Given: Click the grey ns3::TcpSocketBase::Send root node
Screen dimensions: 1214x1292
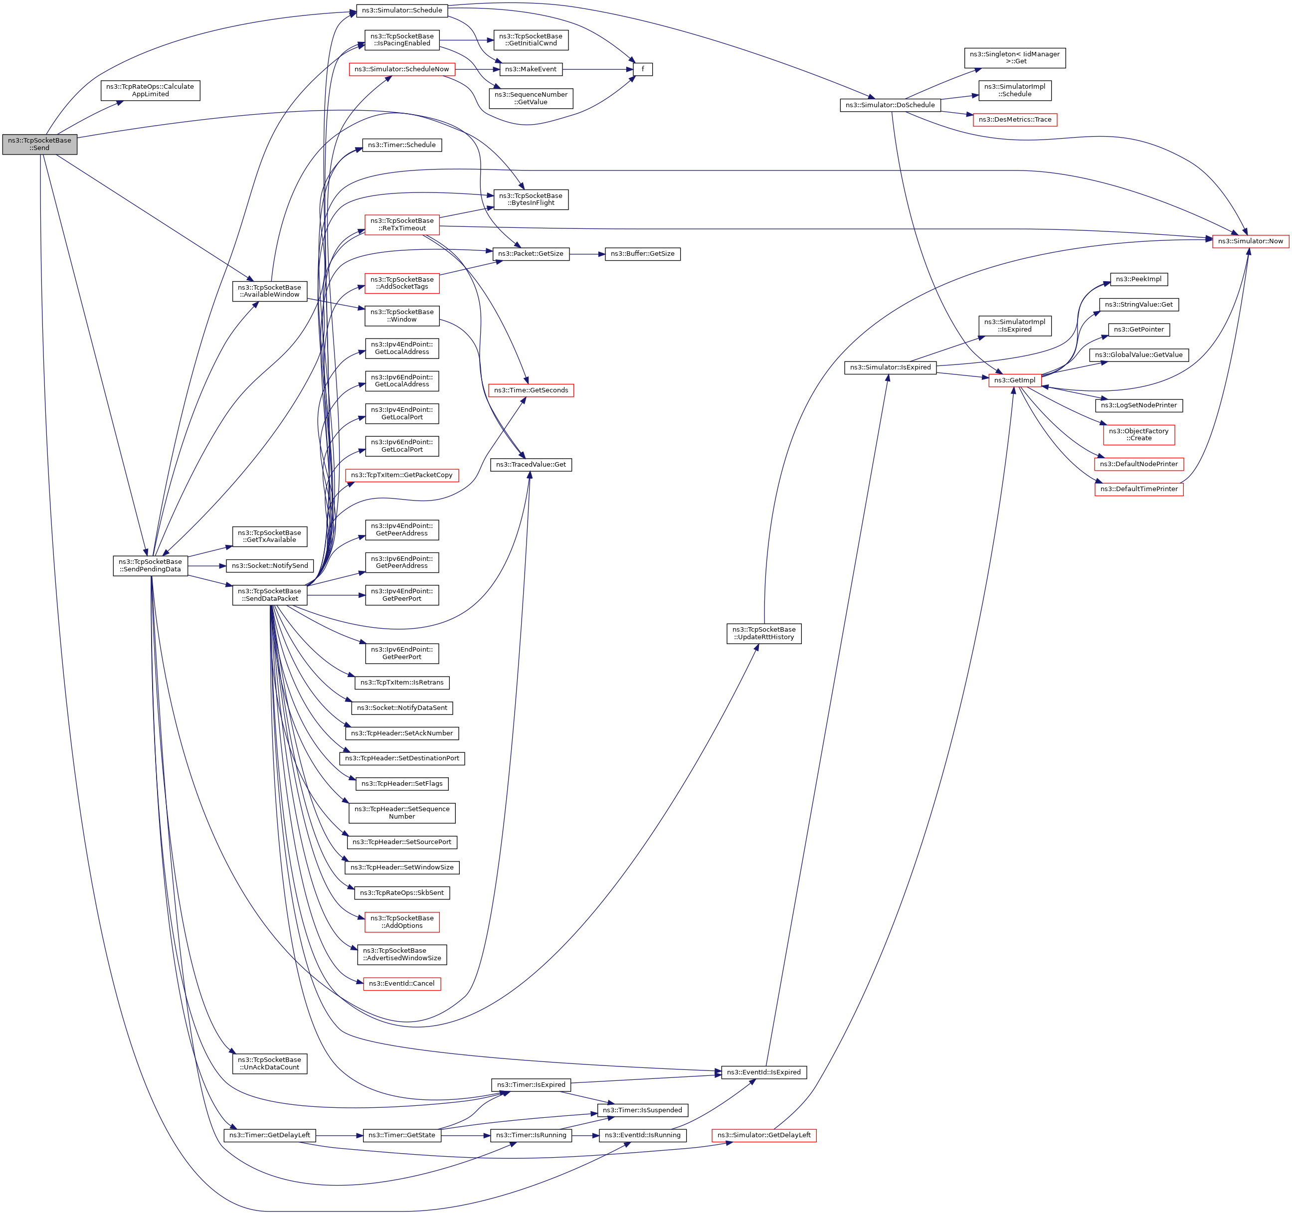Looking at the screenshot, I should click(40, 144).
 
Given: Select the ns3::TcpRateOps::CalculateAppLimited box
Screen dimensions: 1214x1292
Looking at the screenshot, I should click(150, 90).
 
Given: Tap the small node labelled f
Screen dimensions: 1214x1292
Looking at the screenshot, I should click(642, 69).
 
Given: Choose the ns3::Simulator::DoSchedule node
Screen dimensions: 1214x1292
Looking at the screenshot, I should click(890, 105).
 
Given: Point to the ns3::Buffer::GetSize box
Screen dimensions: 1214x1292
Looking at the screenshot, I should click(642, 253).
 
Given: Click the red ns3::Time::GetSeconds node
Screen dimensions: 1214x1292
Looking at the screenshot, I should click(531, 390).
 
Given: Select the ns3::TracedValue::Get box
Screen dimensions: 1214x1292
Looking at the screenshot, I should click(531, 465).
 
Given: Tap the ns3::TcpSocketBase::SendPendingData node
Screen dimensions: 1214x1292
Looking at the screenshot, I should click(150, 565).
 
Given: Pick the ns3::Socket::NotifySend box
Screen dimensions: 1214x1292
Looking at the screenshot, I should click(270, 565).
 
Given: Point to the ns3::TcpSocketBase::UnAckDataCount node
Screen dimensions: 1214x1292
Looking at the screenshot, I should click(270, 1063).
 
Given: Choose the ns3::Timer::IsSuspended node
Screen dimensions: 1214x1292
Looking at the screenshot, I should click(642, 1110).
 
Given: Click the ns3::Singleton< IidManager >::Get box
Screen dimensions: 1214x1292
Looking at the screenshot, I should click(1014, 58).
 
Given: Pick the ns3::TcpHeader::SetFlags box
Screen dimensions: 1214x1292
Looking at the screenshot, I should click(401, 784).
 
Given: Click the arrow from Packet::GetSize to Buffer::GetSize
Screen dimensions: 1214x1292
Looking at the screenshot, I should click(587, 253).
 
